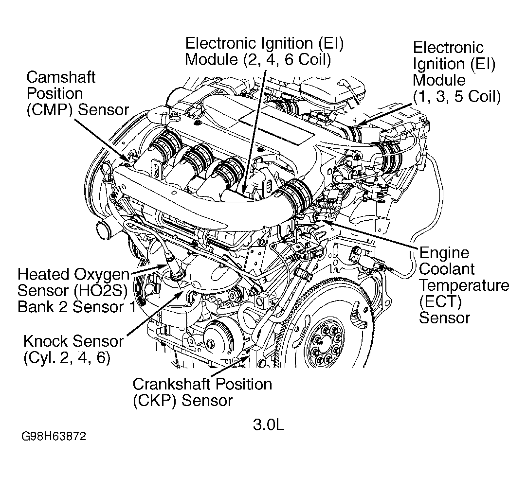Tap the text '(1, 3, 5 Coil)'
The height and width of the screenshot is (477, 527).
[456, 96]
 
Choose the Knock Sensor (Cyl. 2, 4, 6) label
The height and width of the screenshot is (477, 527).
[73, 349]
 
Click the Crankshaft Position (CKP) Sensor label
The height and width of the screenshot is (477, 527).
[202, 392]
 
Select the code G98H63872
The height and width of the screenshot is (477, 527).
[54, 436]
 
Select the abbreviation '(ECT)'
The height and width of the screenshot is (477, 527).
[439, 301]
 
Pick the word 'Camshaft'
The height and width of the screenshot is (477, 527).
[61, 77]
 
